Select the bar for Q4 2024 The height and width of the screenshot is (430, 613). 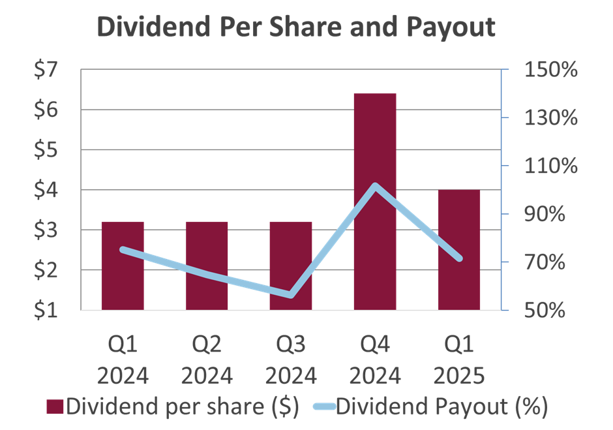click(375, 202)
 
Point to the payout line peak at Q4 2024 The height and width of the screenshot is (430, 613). click(375, 186)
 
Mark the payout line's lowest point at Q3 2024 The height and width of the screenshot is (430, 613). click(291, 295)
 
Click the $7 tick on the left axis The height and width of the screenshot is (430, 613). click(48, 70)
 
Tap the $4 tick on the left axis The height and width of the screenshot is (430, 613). click(48, 190)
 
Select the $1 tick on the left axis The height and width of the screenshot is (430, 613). click(48, 310)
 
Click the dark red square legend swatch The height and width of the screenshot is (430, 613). click(55, 407)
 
